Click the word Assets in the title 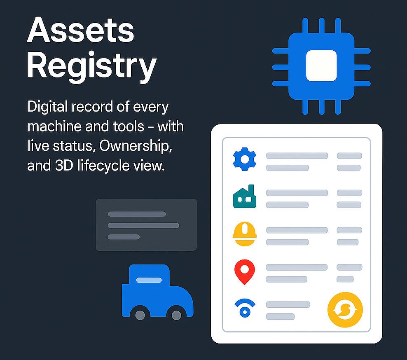(80, 30)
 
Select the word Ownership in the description (136, 146)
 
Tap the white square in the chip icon (321, 65)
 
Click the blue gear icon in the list (245, 159)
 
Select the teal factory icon (245, 196)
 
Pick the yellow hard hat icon (245, 234)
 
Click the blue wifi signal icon (245, 308)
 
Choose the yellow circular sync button (345, 310)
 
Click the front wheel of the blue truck (176, 315)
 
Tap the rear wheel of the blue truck (140, 315)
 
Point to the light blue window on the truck (149, 280)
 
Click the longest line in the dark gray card (143, 225)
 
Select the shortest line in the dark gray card (124, 237)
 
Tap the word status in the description (73, 146)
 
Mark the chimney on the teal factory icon (251, 189)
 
